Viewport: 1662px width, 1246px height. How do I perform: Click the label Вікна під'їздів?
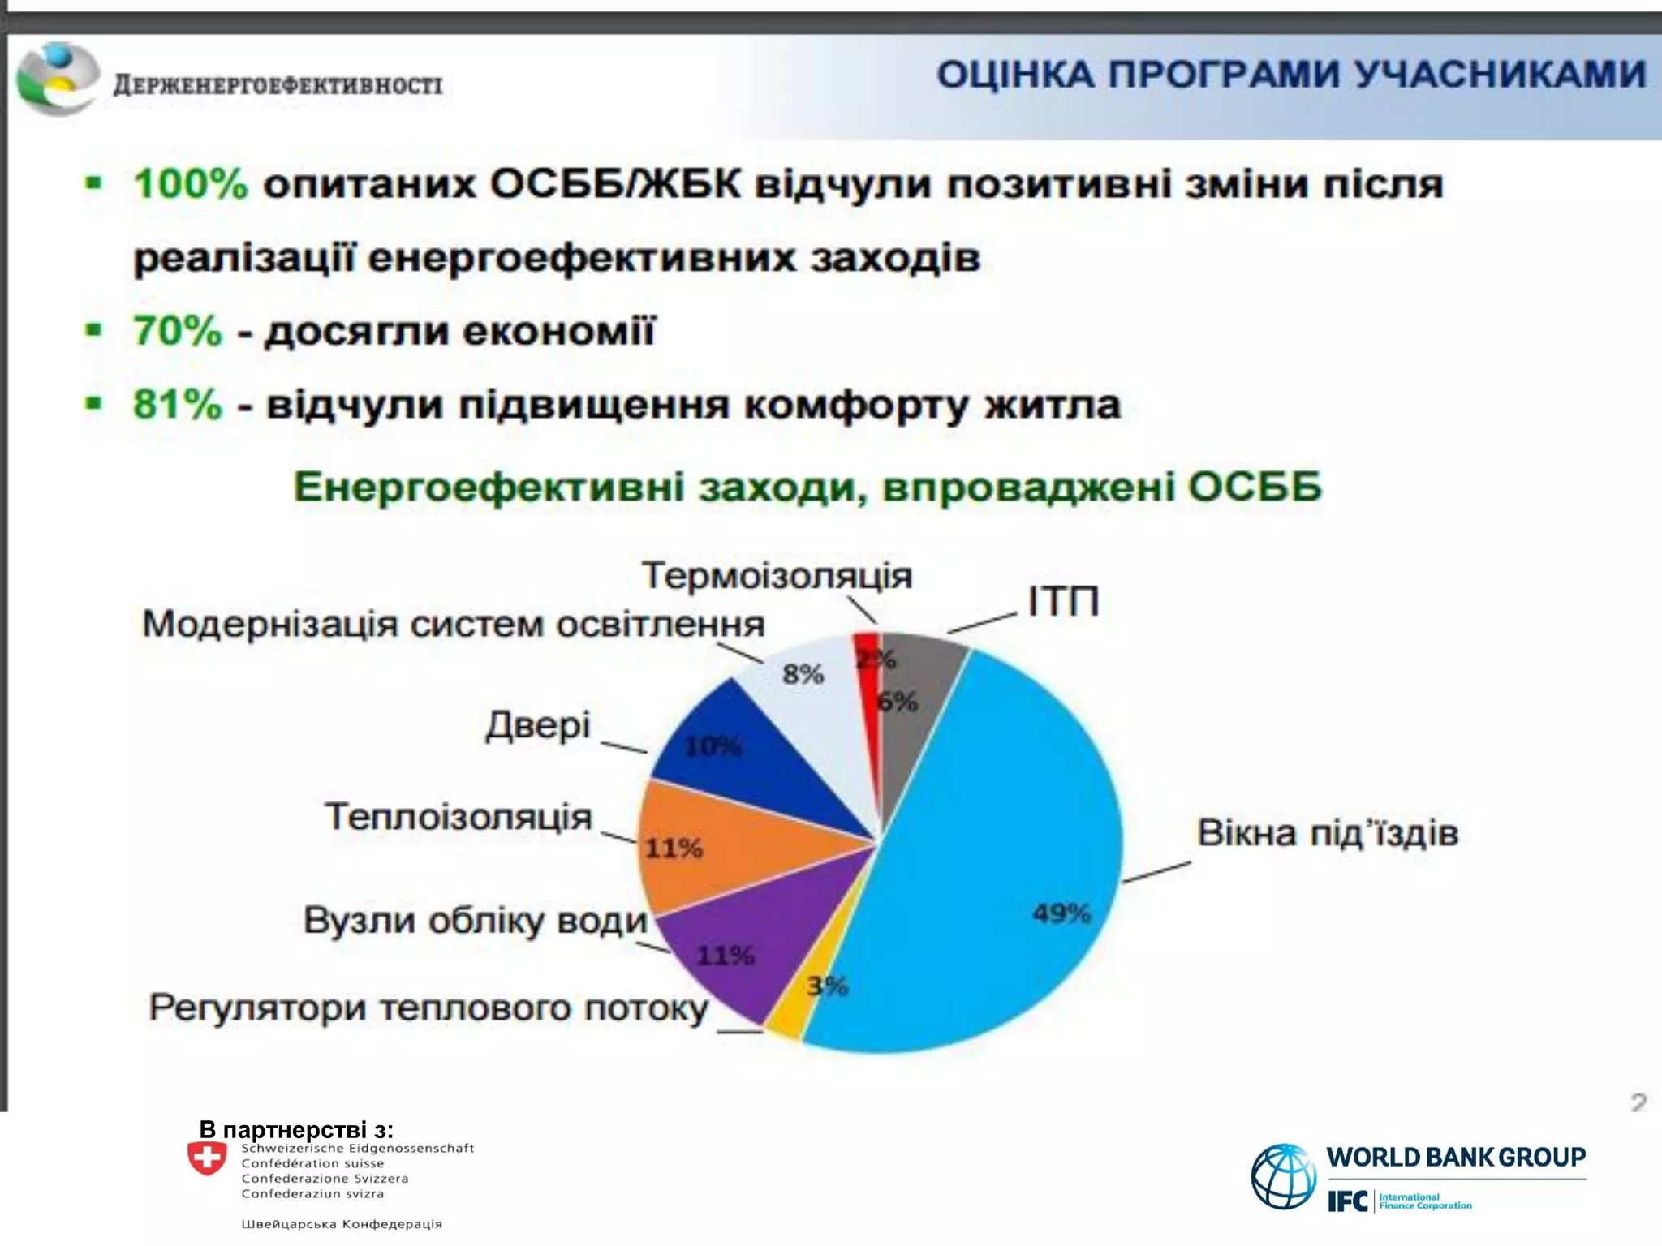click(x=1328, y=833)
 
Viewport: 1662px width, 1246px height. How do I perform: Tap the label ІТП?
click(x=1063, y=602)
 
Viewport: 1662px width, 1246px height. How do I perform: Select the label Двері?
click(x=538, y=724)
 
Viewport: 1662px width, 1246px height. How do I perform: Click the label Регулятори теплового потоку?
click(x=428, y=1008)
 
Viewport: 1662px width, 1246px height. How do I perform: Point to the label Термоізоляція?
click(x=777, y=576)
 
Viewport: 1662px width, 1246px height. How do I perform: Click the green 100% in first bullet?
click(x=191, y=184)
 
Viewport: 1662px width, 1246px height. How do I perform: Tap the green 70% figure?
click(x=177, y=331)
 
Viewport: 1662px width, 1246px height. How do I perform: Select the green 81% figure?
click(x=177, y=404)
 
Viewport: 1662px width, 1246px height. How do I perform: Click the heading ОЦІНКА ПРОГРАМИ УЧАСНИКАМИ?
click(x=1290, y=75)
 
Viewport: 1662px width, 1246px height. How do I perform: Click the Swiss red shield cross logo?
click(x=207, y=1158)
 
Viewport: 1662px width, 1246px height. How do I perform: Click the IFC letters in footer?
click(x=1347, y=1201)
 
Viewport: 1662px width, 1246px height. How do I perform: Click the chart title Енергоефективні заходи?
click(x=807, y=488)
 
